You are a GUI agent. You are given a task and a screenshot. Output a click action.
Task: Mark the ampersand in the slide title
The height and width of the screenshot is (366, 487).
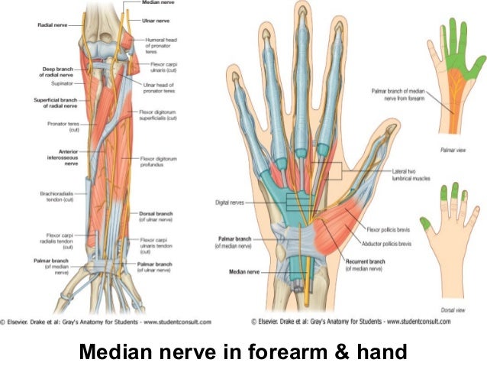coord(344,353)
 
